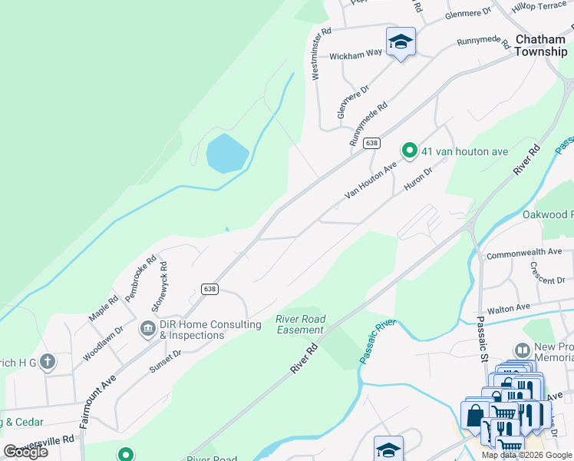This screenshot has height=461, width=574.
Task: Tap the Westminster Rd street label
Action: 321,54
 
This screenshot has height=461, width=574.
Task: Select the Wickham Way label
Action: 355,55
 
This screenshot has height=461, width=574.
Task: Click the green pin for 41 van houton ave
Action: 410,151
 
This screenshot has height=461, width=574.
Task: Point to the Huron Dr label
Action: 418,177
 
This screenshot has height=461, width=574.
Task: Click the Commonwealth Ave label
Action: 524,252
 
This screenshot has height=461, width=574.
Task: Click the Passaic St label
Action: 483,340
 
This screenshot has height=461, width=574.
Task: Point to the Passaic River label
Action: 377,341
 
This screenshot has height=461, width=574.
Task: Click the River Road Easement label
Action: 301,324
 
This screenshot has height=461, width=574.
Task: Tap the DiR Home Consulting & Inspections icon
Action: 147,330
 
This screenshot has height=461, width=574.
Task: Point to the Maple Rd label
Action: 103,307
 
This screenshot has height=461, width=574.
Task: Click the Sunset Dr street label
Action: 166,359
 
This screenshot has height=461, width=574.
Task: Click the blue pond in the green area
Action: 227,153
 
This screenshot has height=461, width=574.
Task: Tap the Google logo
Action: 25,452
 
